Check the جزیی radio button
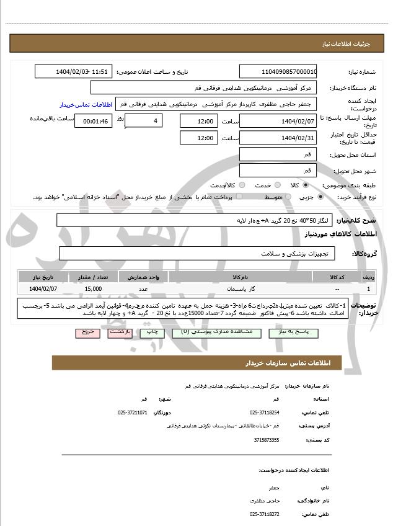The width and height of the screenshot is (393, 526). [x=320, y=197]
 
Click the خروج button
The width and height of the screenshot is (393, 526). [x=87, y=332]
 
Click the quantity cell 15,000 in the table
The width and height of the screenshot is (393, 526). [x=94, y=289]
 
